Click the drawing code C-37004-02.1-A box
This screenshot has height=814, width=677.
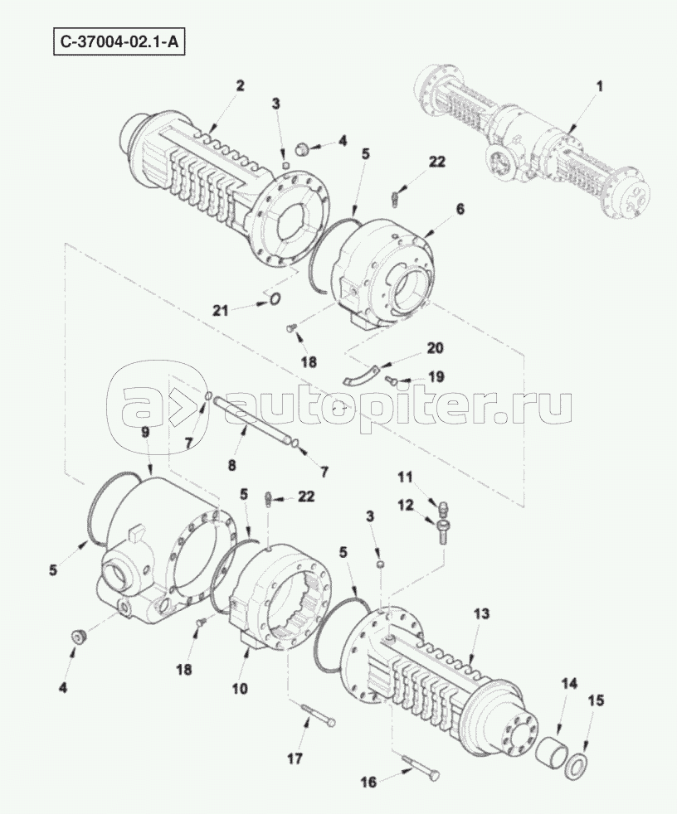click(119, 42)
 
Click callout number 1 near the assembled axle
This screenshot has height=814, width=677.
click(600, 87)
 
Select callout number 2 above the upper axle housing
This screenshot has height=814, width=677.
click(240, 85)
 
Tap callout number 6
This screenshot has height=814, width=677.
click(460, 209)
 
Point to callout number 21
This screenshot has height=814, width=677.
click(221, 310)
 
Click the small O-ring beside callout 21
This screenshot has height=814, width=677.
click(276, 298)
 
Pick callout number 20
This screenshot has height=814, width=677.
click(435, 347)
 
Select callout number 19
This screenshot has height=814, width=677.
click(436, 376)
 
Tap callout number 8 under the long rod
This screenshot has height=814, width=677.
click(231, 464)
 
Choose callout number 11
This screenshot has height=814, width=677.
click(405, 476)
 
